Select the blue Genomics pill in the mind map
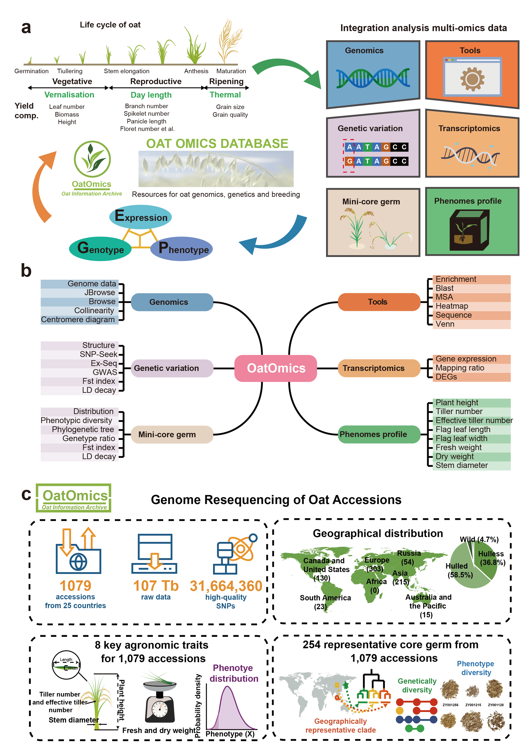[x=172, y=302]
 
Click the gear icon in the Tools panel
[x=472, y=79]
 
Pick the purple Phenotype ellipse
[x=182, y=249]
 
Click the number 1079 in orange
[x=75, y=586]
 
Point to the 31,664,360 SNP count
[x=226, y=586]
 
